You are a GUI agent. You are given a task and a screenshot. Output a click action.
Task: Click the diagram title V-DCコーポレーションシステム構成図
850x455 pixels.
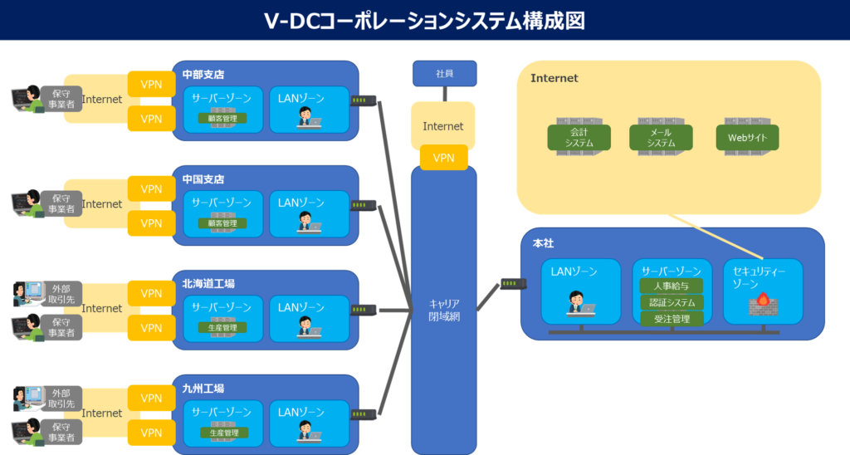(x=424, y=21)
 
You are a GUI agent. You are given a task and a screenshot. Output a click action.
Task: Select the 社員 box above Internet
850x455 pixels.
(x=444, y=73)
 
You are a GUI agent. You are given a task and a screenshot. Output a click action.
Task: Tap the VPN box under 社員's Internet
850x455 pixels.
(x=444, y=158)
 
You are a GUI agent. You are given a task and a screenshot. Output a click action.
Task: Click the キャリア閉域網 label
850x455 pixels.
(x=444, y=309)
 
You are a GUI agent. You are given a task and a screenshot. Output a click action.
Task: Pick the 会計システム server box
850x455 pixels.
(x=579, y=137)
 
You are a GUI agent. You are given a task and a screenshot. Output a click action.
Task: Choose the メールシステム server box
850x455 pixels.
(x=661, y=137)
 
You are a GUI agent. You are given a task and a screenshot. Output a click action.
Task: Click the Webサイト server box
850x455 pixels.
(x=747, y=137)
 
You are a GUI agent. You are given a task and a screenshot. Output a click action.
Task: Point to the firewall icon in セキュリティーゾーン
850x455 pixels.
(x=763, y=306)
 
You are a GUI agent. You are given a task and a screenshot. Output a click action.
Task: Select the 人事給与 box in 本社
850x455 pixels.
(x=672, y=286)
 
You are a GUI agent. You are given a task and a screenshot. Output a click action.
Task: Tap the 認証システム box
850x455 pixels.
(x=672, y=302)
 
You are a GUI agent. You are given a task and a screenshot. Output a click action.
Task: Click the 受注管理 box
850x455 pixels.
(x=672, y=319)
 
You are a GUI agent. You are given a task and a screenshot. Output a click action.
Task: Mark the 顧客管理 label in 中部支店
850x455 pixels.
(x=222, y=119)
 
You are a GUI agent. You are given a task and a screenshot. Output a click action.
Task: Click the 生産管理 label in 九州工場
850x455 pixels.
(x=222, y=433)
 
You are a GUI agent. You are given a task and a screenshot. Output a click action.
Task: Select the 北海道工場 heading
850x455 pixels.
(x=208, y=284)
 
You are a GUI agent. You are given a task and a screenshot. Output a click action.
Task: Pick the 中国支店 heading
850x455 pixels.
(x=203, y=179)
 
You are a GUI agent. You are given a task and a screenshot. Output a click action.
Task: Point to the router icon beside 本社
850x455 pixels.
(x=510, y=285)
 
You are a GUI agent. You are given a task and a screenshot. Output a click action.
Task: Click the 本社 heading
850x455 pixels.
(x=543, y=242)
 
